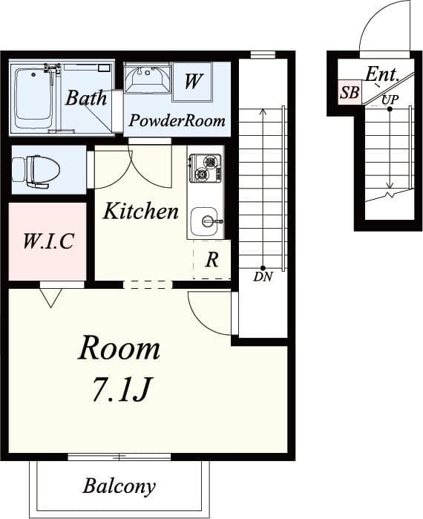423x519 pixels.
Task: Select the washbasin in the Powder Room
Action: click(148, 79)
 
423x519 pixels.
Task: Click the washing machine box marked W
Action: click(192, 81)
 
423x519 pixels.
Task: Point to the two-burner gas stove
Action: click(205, 169)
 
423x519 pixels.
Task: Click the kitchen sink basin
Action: click(204, 221)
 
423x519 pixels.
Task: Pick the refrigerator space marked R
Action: click(212, 260)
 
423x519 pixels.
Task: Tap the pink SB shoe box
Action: click(350, 92)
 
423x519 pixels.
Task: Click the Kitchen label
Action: click(141, 211)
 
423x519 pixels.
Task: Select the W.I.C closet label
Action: click(48, 241)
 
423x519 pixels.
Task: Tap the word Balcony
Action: click(119, 486)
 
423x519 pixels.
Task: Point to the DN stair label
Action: click(263, 276)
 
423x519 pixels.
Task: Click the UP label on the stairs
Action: click(390, 99)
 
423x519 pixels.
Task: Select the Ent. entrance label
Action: click(382, 74)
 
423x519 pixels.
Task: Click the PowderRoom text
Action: click(177, 120)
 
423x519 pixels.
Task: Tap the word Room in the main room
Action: click(119, 348)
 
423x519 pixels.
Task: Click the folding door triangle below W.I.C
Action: click(50, 298)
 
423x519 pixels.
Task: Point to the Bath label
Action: click(86, 98)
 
